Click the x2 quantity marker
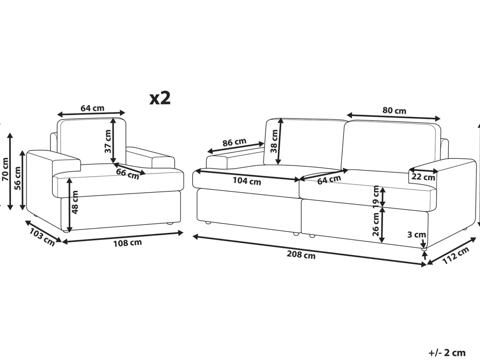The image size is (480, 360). click(x=160, y=98)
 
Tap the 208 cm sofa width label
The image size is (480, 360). click(x=301, y=255)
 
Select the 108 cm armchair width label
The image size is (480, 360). click(x=127, y=243)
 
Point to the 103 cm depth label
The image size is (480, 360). click(x=42, y=237)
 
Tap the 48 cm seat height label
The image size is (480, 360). click(x=74, y=202)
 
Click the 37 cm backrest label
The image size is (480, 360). click(x=108, y=141)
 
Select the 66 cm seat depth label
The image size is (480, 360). click(x=127, y=174)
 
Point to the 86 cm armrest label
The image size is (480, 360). click(x=234, y=142)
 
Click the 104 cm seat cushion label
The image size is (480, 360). click(x=247, y=181)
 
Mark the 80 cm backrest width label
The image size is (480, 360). click(x=394, y=111)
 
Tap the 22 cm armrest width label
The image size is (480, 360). click(x=424, y=177)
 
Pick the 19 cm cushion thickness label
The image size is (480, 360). click(x=376, y=197)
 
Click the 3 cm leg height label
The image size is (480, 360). click(x=417, y=235)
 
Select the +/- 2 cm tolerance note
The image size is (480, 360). click(x=447, y=353)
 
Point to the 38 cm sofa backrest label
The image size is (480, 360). click(x=274, y=141)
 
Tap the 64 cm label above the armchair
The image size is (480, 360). click(x=92, y=108)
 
